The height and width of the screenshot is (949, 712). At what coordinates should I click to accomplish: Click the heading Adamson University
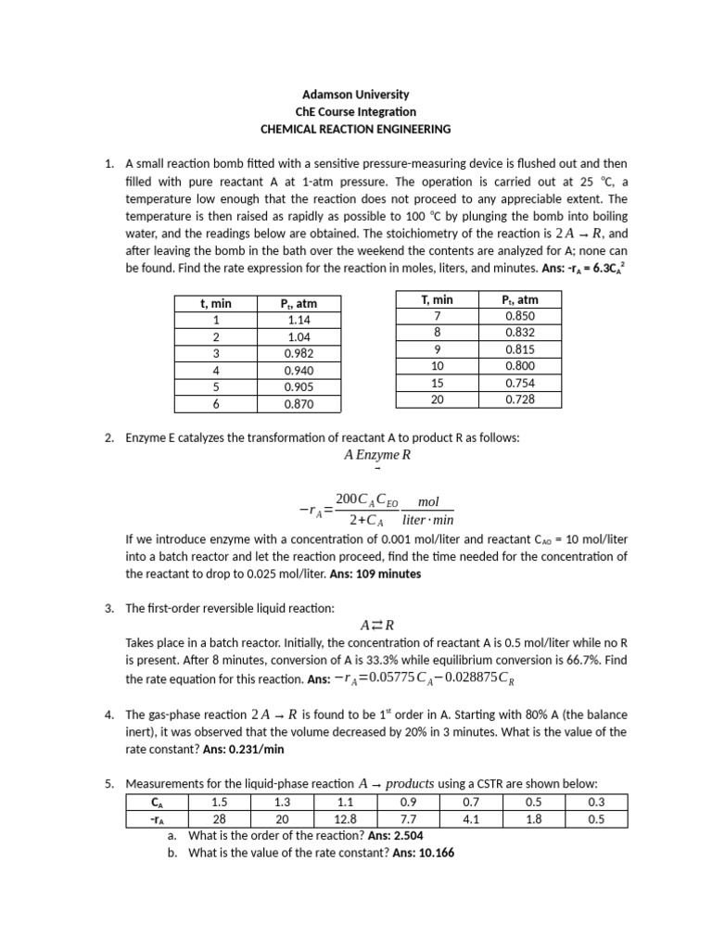click(x=356, y=95)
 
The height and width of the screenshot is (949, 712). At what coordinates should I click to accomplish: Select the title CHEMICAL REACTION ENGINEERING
click(x=356, y=129)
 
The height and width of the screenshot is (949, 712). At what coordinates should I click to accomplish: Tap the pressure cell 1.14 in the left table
click(x=299, y=320)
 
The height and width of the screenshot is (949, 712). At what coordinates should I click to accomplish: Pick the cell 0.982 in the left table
click(x=299, y=353)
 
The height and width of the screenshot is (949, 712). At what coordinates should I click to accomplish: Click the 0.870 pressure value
click(x=299, y=404)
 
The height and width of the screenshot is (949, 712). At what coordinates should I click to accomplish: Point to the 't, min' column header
click(x=216, y=303)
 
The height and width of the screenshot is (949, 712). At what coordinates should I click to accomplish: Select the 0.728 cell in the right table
click(x=520, y=399)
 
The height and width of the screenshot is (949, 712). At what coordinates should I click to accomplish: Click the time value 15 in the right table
click(x=437, y=383)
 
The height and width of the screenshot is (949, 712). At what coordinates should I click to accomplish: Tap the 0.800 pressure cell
click(x=520, y=366)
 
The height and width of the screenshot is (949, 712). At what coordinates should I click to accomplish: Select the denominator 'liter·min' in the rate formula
click(x=428, y=520)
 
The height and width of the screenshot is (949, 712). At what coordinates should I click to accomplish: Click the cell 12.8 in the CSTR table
click(x=346, y=818)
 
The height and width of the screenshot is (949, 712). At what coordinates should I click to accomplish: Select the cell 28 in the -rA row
click(x=220, y=818)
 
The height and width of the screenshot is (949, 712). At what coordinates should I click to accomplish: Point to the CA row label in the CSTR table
click(x=156, y=802)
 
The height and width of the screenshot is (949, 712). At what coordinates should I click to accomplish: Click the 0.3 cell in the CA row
click(x=596, y=802)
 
